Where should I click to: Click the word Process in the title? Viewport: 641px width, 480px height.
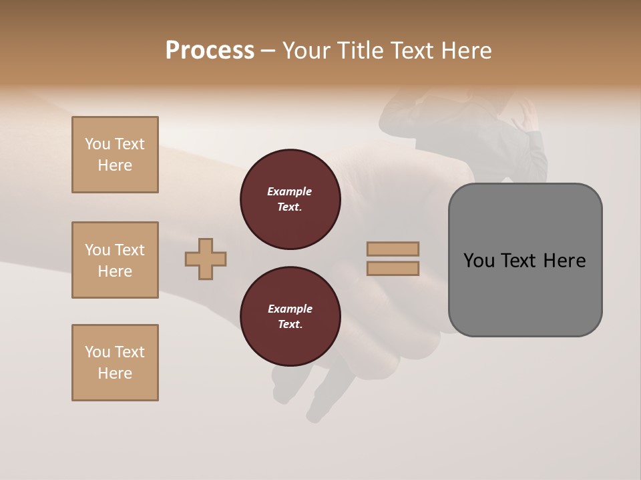point(210,51)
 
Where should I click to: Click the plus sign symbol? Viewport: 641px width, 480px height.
point(206,259)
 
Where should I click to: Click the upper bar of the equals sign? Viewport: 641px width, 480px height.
point(393,249)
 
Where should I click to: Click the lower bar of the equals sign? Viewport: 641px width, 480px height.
point(393,269)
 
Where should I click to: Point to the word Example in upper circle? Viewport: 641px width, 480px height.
point(290,191)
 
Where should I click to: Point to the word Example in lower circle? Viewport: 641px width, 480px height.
point(290,309)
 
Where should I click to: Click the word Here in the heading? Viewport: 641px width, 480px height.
point(466,51)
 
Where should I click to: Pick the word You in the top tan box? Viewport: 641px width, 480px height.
point(97,144)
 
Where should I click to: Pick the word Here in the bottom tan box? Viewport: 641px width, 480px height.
point(115,373)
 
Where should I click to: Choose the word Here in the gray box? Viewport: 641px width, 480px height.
point(564,261)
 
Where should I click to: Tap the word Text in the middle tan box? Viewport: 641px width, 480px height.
point(130,250)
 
